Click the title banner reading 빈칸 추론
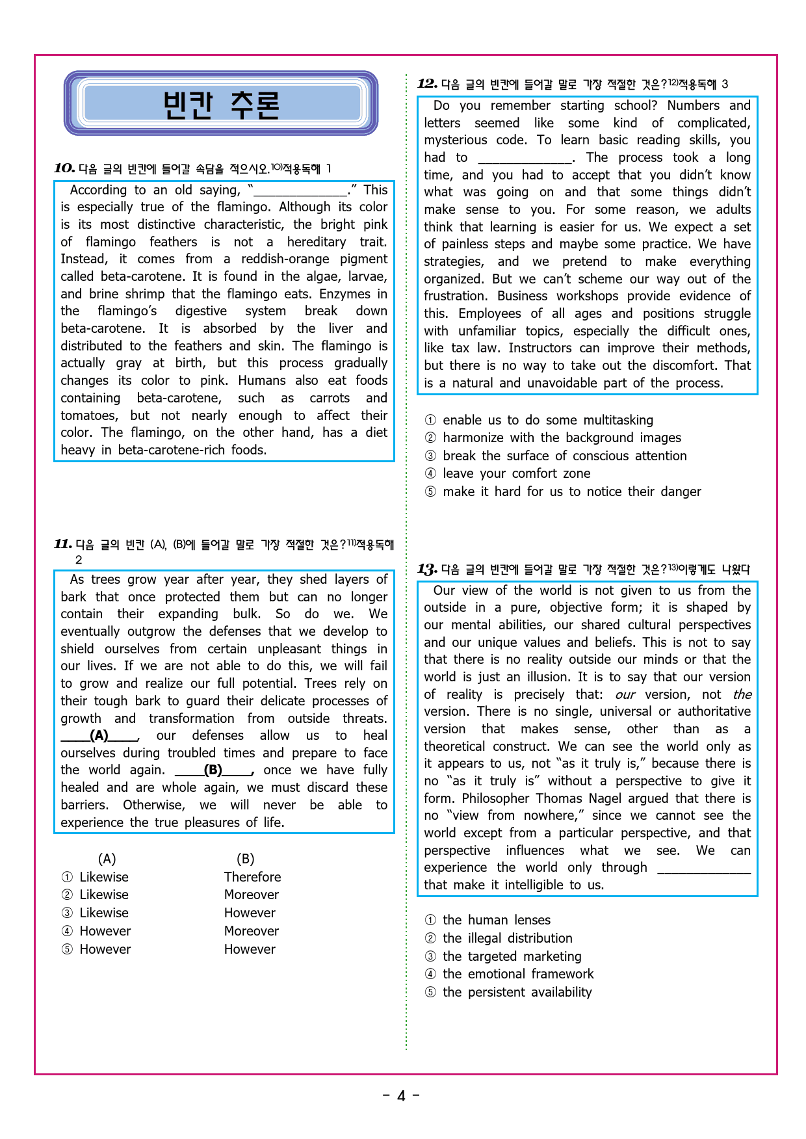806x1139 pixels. [221, 104]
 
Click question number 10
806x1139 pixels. [64, 168]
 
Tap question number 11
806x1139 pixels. [62, 544]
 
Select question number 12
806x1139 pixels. [427, 84]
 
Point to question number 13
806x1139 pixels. [427, 569]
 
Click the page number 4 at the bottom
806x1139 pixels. [401, 1096]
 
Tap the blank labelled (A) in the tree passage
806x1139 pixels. [99, 735]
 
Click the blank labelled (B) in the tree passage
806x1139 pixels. [213, 770]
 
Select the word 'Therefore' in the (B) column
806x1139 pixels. [252, 877]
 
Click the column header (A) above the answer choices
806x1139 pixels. [107, 859]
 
